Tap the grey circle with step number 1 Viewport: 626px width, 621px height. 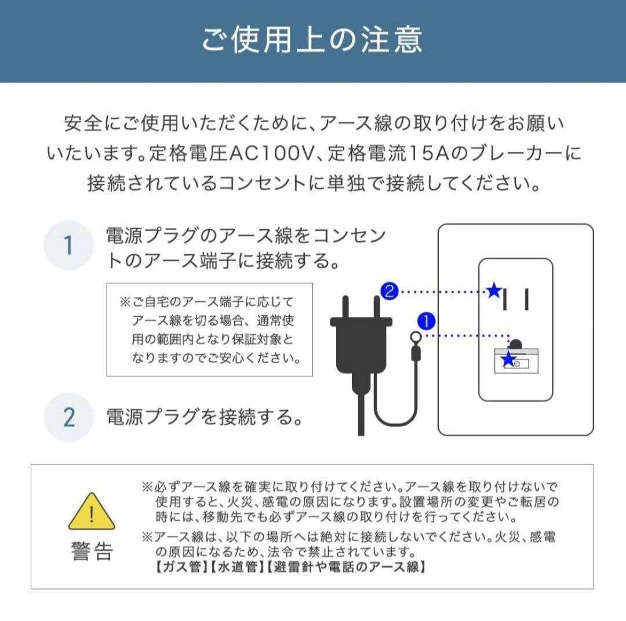pyautogui.click(x=69, y=246)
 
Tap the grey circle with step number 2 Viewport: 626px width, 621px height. pyautogui.click(x=69, y=417)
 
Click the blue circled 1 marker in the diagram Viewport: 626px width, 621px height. pyautogui.click(x=427, y=322)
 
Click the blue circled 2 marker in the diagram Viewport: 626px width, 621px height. pyautogui.click(x=390, y=291)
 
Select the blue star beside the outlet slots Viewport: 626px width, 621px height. pyautogui.click(x=494, y=291)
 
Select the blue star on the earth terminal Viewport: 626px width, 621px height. pyautogui.click(x=508, y=360)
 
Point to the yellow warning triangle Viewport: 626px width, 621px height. pyautogui.click(x=92, y=512)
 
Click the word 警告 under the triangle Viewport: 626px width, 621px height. pyautogui.click(x=92, y=551)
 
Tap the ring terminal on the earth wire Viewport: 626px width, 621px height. pyautogui.click(x=415, y=337)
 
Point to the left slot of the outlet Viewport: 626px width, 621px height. pyautogui.click(x=506, y=299)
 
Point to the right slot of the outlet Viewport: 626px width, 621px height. pyautogui.click(x=527, y=299)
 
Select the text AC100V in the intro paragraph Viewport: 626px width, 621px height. pyautogui.click(x=272, y=154)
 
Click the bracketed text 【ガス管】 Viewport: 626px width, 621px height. pyautogui.click(x=180, y=567)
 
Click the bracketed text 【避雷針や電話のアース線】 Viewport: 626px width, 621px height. pyautogui.click(x=347, y=567)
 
